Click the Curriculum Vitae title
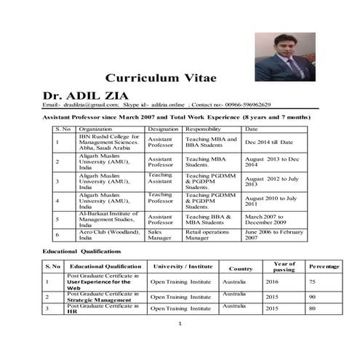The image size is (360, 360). pyautogui.click(x=161, y=77)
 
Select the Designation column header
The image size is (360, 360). pyautogui.click(x=164, y=129)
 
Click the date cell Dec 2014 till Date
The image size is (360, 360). pyautogui.click(x=268, y=142)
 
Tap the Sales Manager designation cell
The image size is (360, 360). pyautogui.click(x=160, y=234)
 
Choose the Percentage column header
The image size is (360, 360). pyautogui.click(x=324, y=267)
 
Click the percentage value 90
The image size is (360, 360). pyautogui.click(x=311, y=297)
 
